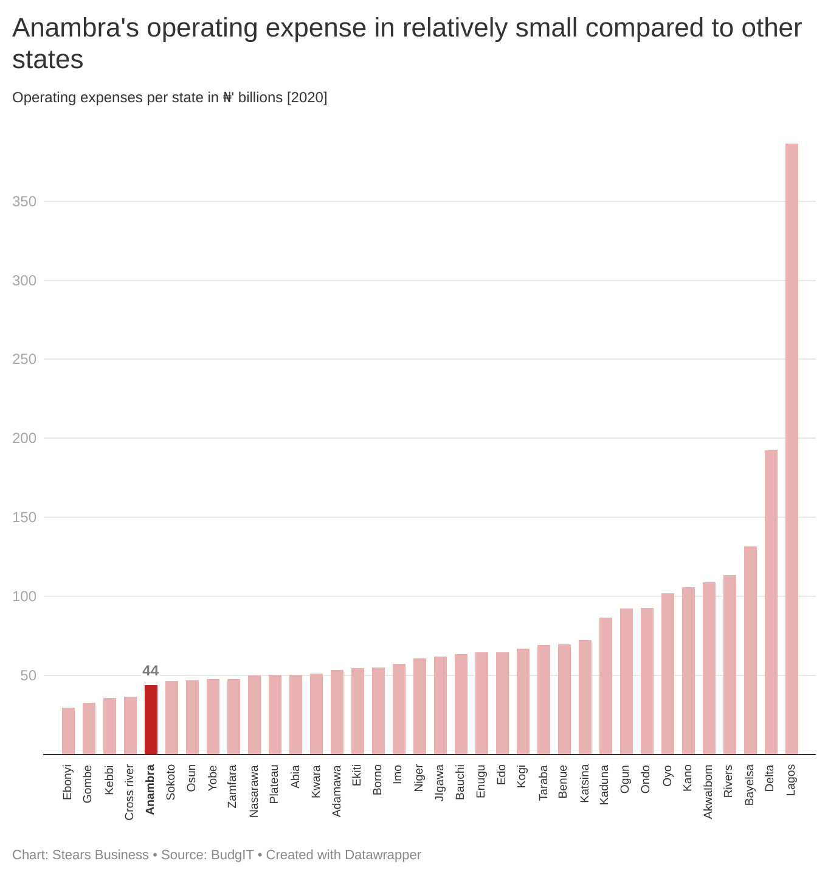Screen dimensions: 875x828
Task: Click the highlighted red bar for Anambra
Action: (151, 719)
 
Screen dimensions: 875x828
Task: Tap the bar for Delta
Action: (771, 602)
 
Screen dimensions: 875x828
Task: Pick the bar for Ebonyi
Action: (68, 731)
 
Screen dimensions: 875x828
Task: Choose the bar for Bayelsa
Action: (750, 650)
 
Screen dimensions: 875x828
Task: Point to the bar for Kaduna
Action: (605, 686)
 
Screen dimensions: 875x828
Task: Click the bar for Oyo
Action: (668, 674)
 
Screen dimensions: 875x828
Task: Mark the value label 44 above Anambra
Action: (150, 671)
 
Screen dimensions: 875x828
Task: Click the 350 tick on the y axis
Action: (24, 201)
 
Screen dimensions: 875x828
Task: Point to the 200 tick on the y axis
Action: (24, 438)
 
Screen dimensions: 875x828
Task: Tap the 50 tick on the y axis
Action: (28, 675)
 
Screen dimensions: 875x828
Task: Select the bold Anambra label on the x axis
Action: (150, 789)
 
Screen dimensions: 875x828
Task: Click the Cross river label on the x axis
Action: (129, 792)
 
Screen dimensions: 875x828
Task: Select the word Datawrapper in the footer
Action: (382, 854)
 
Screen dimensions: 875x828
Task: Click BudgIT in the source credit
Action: (232, 854)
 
